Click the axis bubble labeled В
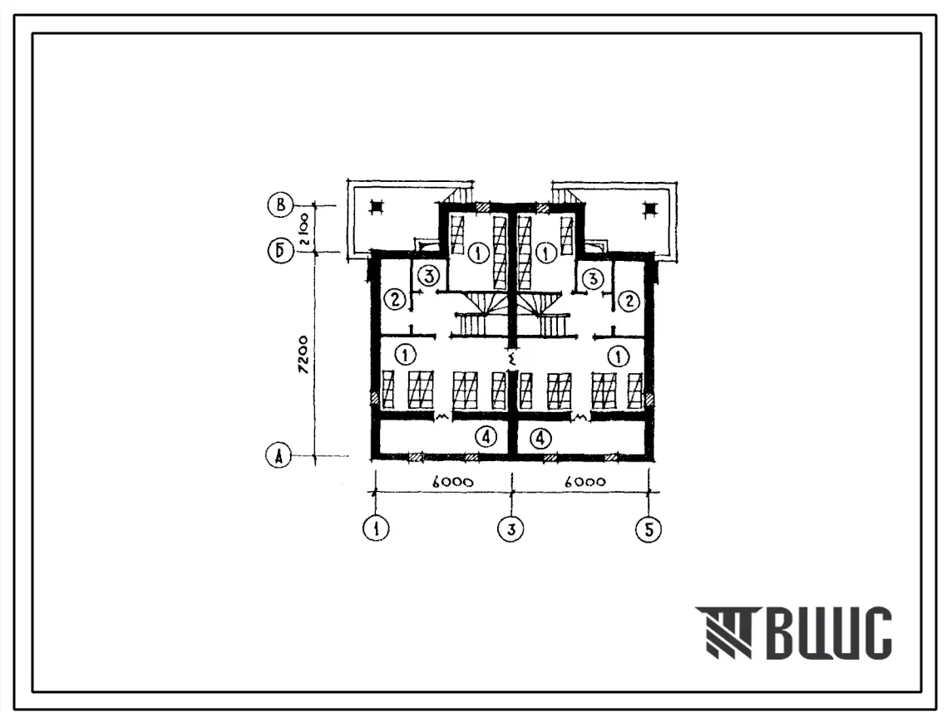pyautogui.click(x=280, y=205)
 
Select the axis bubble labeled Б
pyautogui.click(x=280, y=251)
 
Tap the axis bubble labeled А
pyautogui.click(x=279, y=456)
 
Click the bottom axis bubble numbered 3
pyautogui.click(x=511, y=528)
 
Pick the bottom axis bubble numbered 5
pyautogui.click(x=649, y=529)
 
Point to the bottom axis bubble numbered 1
pyautogui.click(x=377, y=528)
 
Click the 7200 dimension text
pyautogui.click(x=303, y=355)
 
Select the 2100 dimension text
pyautogui.click(x=303, y=228)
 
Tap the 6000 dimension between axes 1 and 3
pyautogui.click(x=453, y=482)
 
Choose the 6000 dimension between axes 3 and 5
pyautogui.click(x=584, y=482)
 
